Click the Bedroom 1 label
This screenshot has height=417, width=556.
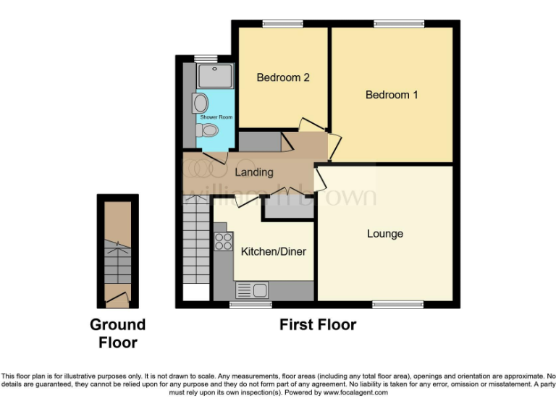(x=391, y=95)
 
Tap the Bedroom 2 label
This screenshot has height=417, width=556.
(x=283, y=77)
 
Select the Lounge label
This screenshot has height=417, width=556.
(x=384, y=233)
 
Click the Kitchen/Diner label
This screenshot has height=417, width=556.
(x=274, y=252)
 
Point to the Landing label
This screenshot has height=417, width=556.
(x=254, y=172)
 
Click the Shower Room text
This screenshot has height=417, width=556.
(x=216, y=117)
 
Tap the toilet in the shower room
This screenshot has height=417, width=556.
(x=207, y=130)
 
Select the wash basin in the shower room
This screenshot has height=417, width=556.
(x=201, y=103)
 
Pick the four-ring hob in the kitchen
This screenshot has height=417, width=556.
(x=223, y=241)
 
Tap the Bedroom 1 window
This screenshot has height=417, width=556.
(x=399, y=24)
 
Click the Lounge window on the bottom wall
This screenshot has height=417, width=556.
(x=398, y=304)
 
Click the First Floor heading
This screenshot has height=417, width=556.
(x=318, y=325)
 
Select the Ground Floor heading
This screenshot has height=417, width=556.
(x=117, y=333)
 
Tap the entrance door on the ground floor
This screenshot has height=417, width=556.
(x=117, y=295)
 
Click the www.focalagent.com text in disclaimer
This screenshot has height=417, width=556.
(x=355, y=392)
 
